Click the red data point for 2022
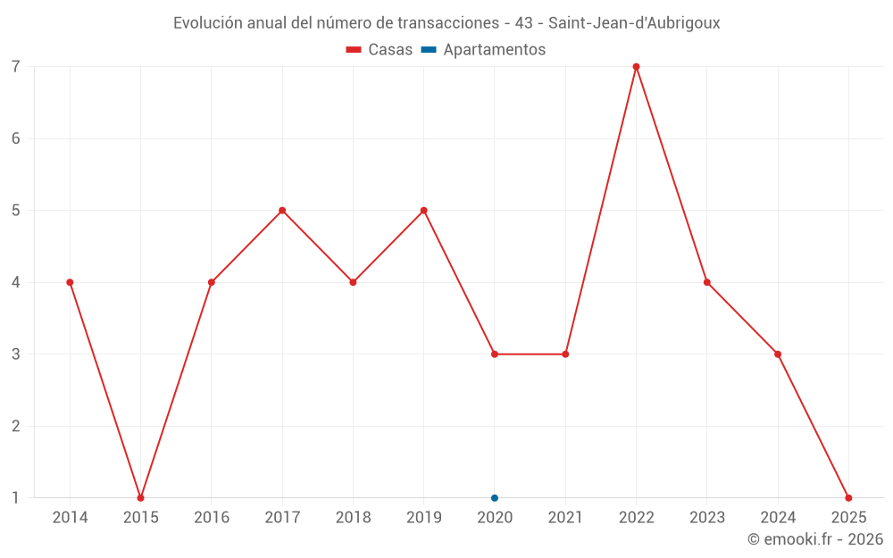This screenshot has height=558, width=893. coord(636,67)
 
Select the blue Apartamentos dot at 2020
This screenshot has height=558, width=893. coord(495,498)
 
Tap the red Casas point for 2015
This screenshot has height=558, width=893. coord(140,498)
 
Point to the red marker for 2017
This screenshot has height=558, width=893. coord(282,211)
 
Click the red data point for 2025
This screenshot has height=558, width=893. coord(848,498)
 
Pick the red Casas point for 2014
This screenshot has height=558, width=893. coord(70,282)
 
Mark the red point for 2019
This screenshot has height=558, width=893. coord(424,211)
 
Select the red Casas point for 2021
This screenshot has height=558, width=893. coord(565,354)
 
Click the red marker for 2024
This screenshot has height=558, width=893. coord(778,354)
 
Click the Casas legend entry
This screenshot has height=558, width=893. coord(380,50)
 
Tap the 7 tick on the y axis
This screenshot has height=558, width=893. coord(16,67)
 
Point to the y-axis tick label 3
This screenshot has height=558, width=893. coord(16,354)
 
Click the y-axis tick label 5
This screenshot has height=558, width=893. coord(16,211)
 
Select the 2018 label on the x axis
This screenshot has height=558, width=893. coord(353,518)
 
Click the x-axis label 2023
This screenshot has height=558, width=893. coord(707,518)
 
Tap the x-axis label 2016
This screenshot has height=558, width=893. coord(212,518)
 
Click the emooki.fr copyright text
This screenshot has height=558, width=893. coord(815,539)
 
